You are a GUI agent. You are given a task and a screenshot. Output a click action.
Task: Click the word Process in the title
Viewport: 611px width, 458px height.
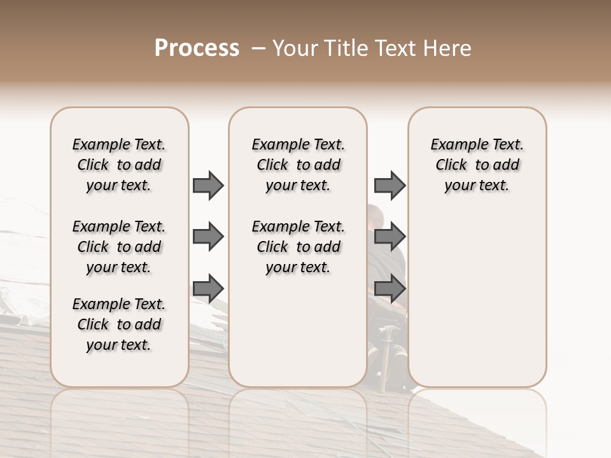197,48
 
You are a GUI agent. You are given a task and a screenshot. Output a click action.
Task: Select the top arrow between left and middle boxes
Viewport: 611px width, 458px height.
208,185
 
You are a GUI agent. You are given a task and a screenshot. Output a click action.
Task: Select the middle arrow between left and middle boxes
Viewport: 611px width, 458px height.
208,237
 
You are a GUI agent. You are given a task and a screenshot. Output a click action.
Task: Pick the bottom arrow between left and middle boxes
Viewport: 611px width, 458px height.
208,288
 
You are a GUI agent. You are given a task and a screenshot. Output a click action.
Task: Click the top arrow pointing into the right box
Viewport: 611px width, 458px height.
390,185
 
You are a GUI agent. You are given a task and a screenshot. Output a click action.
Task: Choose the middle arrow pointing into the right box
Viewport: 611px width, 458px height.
390,237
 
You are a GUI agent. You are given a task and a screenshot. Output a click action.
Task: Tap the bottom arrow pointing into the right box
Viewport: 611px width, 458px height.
390,288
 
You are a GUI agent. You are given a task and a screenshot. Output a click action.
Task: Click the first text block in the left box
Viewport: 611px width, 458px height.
119,165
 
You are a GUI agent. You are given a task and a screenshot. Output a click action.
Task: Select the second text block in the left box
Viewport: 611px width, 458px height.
119,247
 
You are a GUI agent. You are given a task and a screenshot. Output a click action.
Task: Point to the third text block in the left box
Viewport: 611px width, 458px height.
119,324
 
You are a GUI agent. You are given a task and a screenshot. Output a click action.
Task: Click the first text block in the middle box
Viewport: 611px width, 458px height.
298,165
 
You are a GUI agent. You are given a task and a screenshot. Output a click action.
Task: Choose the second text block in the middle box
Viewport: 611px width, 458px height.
298,247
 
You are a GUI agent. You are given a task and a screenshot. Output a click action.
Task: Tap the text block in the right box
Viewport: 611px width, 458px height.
477,165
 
